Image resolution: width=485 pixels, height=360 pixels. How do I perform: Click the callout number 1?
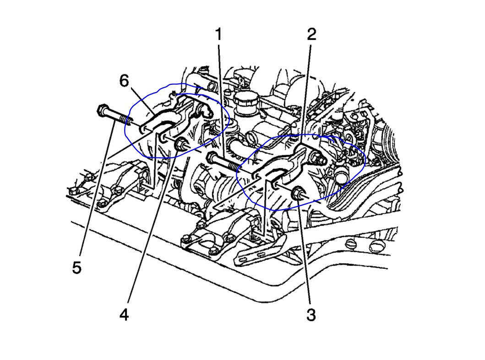click(x=218, y=35)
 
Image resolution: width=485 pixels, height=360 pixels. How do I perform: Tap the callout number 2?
click(x=311, y=35)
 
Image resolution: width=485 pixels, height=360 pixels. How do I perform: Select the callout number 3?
click(x=311, y=315)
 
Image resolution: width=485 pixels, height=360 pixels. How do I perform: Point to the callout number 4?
click(x=124, y=316)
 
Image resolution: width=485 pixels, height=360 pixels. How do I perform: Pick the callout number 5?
click(x=76, y=267)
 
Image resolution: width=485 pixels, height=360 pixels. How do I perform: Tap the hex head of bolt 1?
click(x=211, y=158)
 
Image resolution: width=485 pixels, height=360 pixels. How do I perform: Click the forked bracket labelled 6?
click(x=160, y=120)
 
